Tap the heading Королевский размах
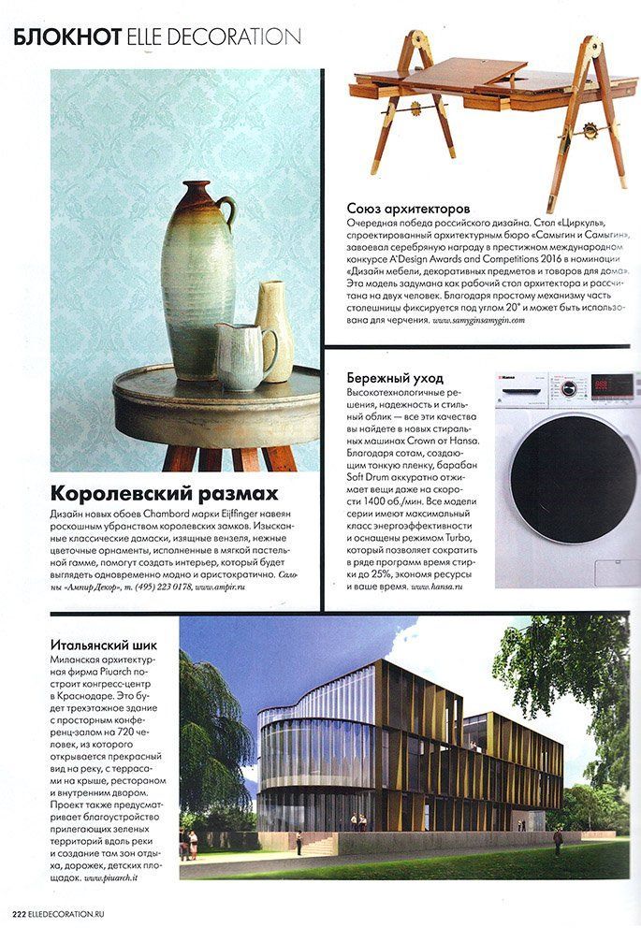pyautogui.click(x=151, y=492)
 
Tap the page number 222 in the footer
pyautogui.click(x=18, y=915)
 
